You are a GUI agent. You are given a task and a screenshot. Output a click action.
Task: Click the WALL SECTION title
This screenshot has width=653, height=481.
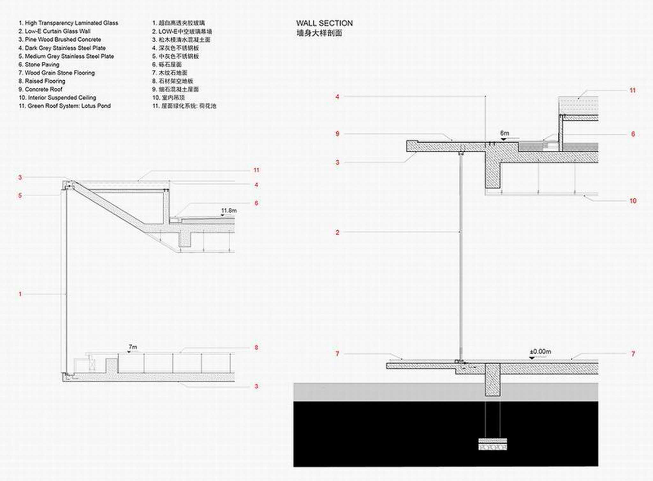pyautogui.click(x=324, y=23)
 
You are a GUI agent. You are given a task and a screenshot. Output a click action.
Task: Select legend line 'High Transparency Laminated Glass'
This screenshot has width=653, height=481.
pyautogui.click(x=68, y=23)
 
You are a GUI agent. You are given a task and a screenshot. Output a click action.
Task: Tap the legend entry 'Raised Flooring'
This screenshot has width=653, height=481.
pyautogui.click(x=42, y=81)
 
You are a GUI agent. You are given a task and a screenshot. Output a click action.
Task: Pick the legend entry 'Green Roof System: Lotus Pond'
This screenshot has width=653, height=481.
pyautogui.click(x=65, y=106)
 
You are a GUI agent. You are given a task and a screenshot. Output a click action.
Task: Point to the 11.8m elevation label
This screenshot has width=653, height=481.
pyautogui.click(x=229, y=211)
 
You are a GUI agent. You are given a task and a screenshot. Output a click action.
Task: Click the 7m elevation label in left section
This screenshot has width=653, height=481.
pyautogui.click(x=133, y=347)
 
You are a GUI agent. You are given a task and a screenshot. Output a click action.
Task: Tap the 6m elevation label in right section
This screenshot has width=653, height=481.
pyautogui.click(x=504, y=133)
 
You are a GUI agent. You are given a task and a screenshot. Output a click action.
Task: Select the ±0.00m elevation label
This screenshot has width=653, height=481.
pyautogui.click(x=540, y=351)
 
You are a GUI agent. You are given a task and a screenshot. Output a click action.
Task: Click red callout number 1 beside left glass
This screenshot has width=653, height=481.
pyautogui.click(x=20, y=294)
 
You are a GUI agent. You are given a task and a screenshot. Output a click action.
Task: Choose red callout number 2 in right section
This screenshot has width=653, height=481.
pyautogui.click(x=337, y=233)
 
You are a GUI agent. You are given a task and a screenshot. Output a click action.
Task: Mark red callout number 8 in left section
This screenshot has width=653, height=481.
pyautogui.click(x=256, y=348)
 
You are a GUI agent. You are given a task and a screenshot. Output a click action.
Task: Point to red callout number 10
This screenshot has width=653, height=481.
pyautogui.click(x=633, y=201)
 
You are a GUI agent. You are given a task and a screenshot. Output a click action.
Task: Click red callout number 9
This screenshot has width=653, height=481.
pyautogui.click(x=337, y=134)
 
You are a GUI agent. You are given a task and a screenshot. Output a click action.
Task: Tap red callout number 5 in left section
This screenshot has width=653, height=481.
pyautogui.click(x=20, y=196)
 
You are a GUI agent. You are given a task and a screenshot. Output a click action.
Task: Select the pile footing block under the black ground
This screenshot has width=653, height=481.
pyautogui.click(x=493, y=444)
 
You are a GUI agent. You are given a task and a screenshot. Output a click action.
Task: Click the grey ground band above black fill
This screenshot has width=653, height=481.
pyautogui.click(x=383, y=392)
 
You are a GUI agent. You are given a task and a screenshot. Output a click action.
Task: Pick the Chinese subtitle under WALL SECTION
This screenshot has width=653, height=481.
pyautogui.click(x=319, y=33)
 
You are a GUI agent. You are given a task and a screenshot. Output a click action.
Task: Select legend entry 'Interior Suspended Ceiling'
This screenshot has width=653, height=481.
pyautogui.click(x=57, y=97)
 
